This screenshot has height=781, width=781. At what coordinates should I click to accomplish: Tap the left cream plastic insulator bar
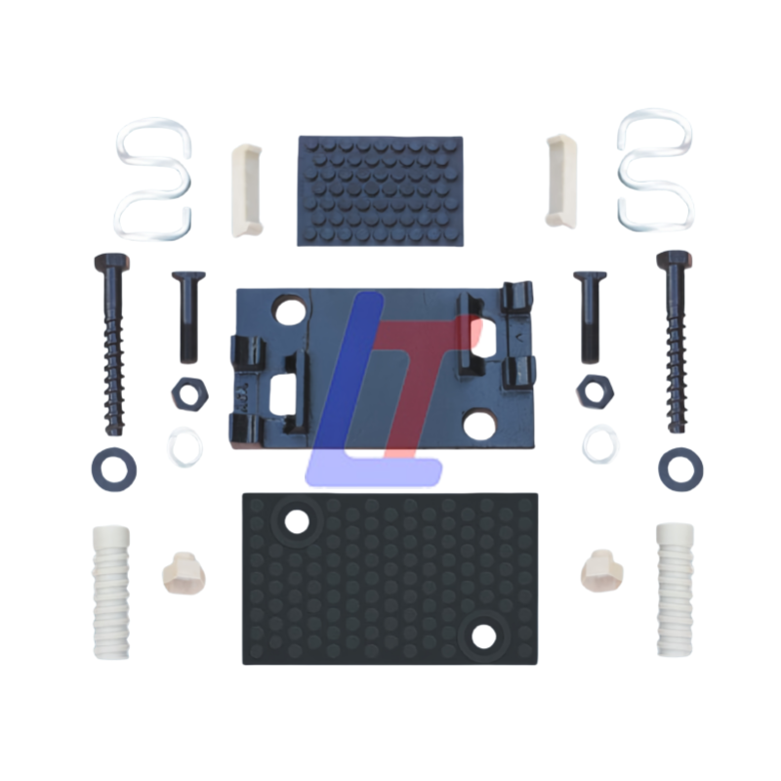(x=246, y=189)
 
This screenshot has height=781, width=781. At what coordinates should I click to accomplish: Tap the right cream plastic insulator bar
(x=561, y=181)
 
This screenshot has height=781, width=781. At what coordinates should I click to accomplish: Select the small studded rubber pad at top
(x=381, y=190)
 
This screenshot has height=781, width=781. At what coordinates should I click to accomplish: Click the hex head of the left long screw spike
(x=111, y=262)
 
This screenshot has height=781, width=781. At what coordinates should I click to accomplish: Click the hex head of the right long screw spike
(x=675, y=260)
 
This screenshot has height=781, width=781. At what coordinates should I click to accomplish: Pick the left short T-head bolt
(x=188, y=316)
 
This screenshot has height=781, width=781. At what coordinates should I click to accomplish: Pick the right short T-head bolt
(x=591, y=316)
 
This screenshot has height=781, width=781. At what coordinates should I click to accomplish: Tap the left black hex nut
(x=189, y=394)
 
